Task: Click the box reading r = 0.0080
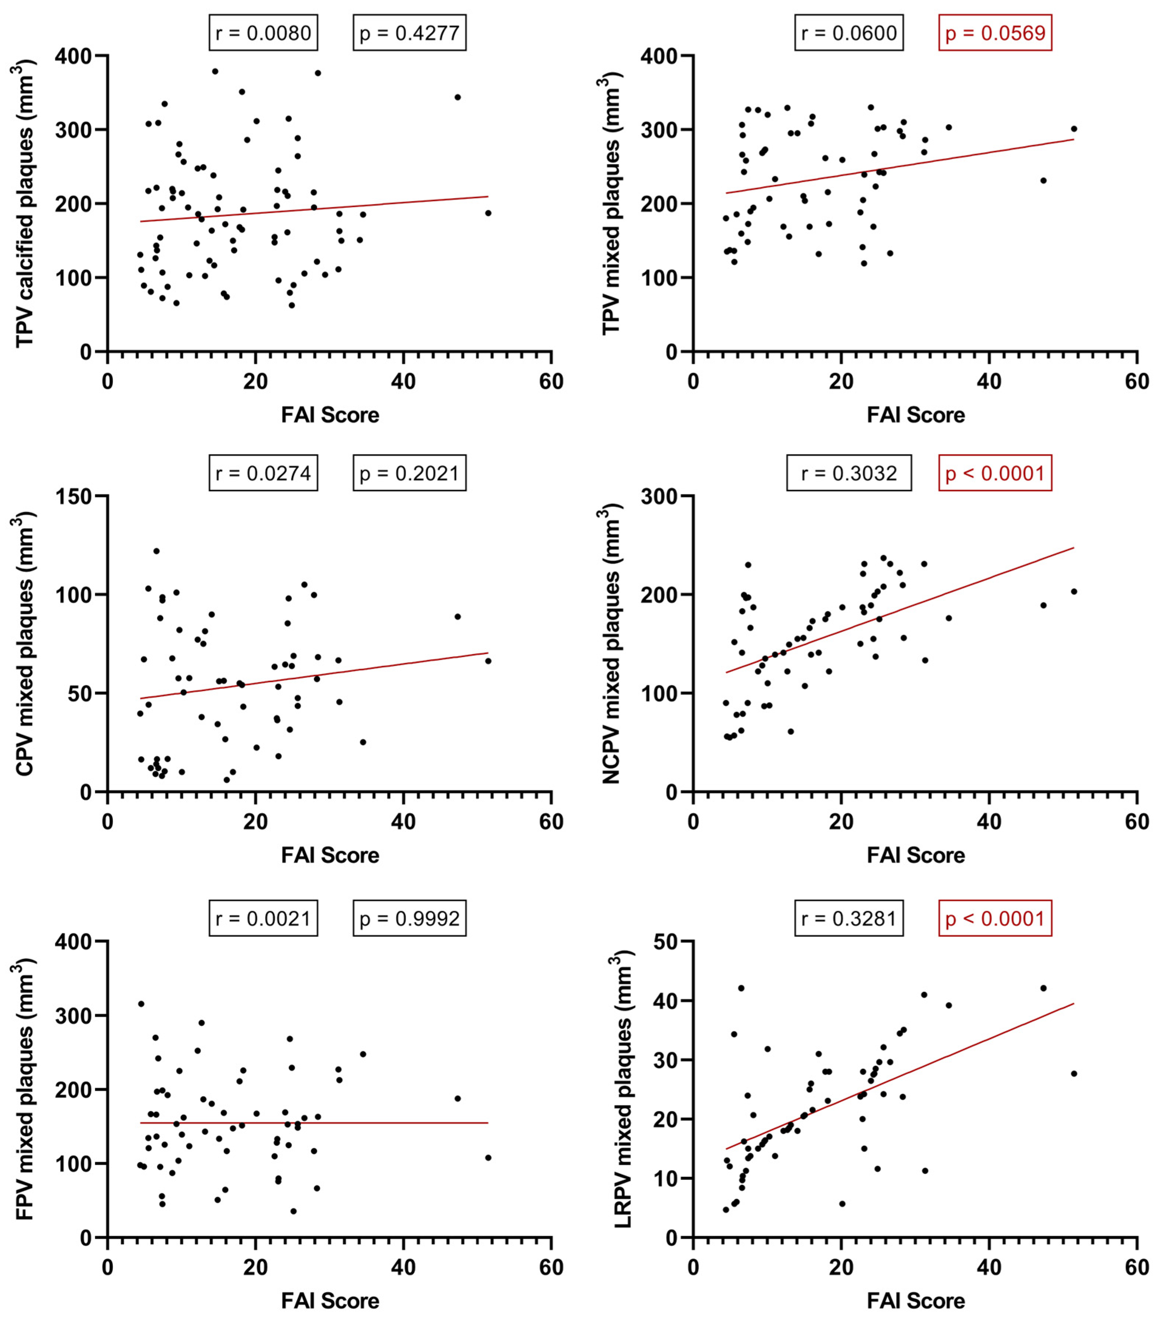point(263,33)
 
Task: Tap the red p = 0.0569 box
point(995,33)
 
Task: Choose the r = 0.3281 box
point(849,918)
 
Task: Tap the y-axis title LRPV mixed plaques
point(622,1089)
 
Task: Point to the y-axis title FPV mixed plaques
point(25,1089)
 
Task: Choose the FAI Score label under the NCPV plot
point(915,855)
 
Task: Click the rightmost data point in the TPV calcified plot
point(488,213)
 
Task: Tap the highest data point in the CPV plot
point(156,551)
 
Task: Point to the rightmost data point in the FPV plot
point(488,1158)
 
